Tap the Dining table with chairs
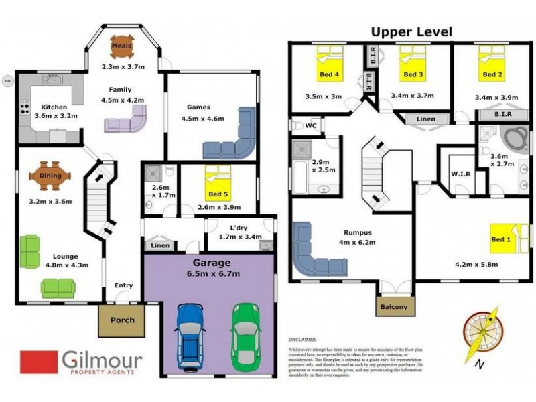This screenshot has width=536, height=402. (x=50, y=176)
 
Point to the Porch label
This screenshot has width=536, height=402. (x=122, y=320)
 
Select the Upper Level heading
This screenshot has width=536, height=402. (x=412, y=31)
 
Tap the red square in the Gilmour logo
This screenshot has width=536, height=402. (x=39, y=362)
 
